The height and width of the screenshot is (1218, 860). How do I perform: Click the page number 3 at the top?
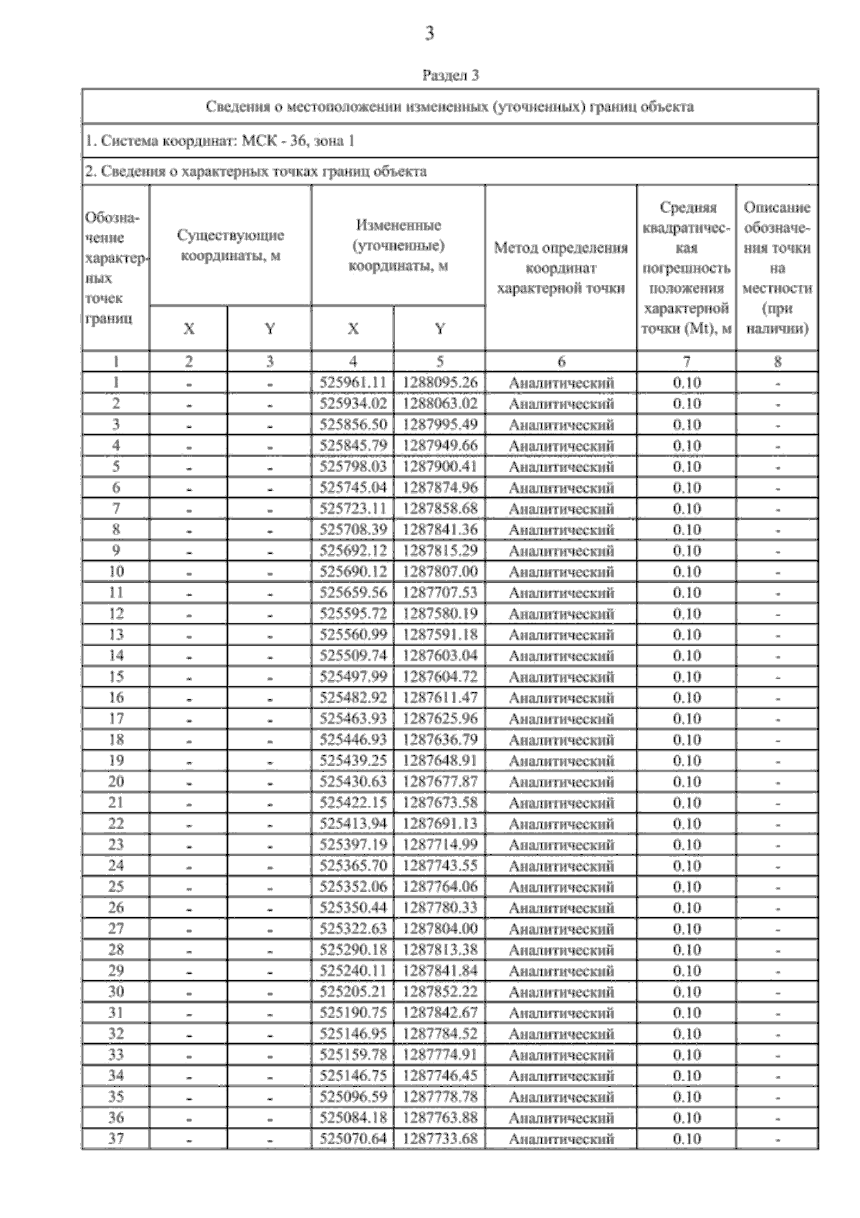click(x=429, y=34)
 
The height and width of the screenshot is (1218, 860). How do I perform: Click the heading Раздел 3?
click(x=450, y=75)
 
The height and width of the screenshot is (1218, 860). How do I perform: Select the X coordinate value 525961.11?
click(x=353, y=383)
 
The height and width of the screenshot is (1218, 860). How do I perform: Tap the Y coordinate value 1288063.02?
click(x=439, y=403)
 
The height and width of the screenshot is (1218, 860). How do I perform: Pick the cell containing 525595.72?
click(x=353, y=614)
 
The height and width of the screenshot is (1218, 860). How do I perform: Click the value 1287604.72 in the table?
click(x=439, y=677)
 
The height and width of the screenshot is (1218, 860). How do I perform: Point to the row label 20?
click(x=115, y=782)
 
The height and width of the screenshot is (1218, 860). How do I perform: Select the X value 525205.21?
click(x=353, y=992)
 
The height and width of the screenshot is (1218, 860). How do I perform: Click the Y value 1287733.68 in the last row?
click(x=439, y=1139)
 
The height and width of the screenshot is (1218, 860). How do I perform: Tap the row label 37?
click(x=115, y=1139)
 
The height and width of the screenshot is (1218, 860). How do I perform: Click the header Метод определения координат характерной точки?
click(x=560, y=268)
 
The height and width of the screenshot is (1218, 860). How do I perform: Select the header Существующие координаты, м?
click(x=230, y=246)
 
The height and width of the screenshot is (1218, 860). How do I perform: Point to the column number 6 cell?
click(x=560, y=362)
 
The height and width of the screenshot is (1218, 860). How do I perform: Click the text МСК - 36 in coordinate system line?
click(x=275, y=141)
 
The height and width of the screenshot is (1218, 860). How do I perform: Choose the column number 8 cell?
click(x=777, y=362)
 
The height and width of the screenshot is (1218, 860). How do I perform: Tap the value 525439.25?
click(x=353, y=761)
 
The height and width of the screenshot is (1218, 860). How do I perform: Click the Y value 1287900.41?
click(x=439, y=467)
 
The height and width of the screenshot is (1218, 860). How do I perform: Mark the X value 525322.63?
click(x=353, y=929)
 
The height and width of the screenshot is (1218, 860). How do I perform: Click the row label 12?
click(x=115, y=614)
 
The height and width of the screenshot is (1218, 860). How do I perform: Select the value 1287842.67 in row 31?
click(x=439, y=1013)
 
